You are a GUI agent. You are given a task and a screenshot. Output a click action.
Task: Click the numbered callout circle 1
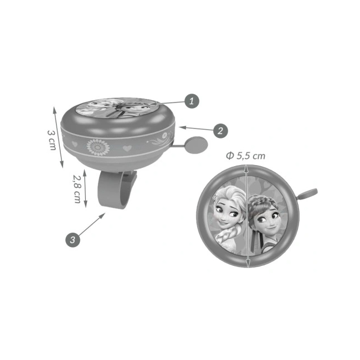coord(192,101)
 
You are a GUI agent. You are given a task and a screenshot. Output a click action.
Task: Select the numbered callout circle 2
coord(220,131)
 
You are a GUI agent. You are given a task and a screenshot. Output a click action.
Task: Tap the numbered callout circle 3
coord(73,240)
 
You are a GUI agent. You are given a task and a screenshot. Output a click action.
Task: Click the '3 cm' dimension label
coord(52,140)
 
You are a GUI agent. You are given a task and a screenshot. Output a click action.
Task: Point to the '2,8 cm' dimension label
coord(77,189)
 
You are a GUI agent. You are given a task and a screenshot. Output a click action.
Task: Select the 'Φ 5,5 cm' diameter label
coord(245,156)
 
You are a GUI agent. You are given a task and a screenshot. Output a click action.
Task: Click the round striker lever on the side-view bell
coord(196,145)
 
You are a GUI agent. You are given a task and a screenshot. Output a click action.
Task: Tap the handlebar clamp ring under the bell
coord(116,189)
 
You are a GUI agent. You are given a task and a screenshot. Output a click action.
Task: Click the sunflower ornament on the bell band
coord(98,147)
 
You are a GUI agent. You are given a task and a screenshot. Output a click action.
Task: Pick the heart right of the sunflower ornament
coord(127,148)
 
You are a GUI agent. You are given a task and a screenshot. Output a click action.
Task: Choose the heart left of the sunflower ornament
coord(75,144)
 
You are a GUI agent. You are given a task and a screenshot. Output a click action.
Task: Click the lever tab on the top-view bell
coord(307,194)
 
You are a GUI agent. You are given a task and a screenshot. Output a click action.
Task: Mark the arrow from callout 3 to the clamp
coord(91,224)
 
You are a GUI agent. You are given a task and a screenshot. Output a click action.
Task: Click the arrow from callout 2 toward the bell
coord(196,128)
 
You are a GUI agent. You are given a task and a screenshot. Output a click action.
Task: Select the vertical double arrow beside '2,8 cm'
coord(85,188)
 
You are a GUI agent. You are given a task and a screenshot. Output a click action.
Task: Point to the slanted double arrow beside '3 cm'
coord(58,137)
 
